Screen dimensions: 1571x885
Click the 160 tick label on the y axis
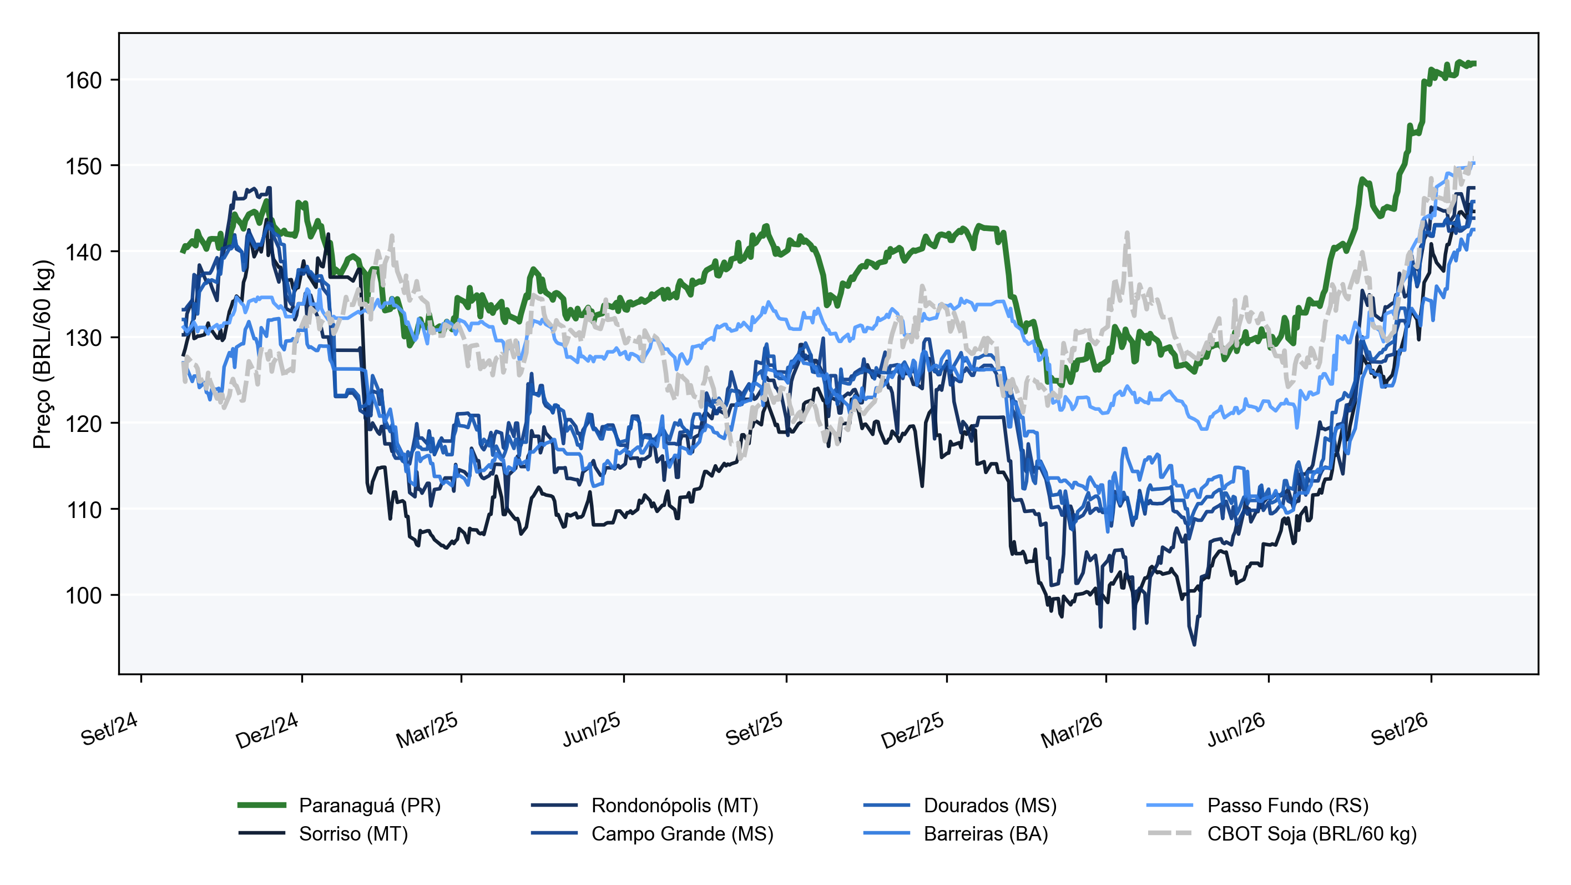[84, 81]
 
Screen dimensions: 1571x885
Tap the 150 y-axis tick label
[84, 166]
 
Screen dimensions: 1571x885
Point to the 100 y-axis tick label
[84, 595]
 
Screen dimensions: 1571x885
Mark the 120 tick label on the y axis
[84, 424]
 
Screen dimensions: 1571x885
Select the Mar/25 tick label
[427, 730]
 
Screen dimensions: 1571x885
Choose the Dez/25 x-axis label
[912, 730]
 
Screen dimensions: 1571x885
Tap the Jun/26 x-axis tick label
[1236, 730]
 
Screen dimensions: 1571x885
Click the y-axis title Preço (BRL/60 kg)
[43, 354]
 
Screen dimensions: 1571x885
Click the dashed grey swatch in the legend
[1170, 833]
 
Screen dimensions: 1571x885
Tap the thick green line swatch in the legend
[261, 806]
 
